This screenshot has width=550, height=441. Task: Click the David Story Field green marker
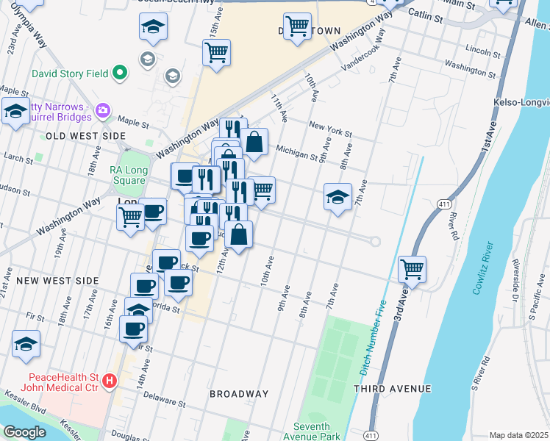tap(118, 73)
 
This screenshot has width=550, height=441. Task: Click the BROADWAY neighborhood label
tap(239, 394)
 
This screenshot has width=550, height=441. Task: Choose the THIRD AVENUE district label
tap(391, 388)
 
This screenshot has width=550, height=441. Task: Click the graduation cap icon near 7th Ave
tap(337, 196)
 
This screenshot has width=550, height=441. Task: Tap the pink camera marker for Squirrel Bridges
tap(102, 111)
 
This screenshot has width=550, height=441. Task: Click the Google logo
tap(24, 432)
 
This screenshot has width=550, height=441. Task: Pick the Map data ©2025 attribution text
tap(518, 435)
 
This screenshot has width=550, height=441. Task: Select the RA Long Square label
tap(126, 175)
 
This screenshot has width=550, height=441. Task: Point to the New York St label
tap(330, 129)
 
